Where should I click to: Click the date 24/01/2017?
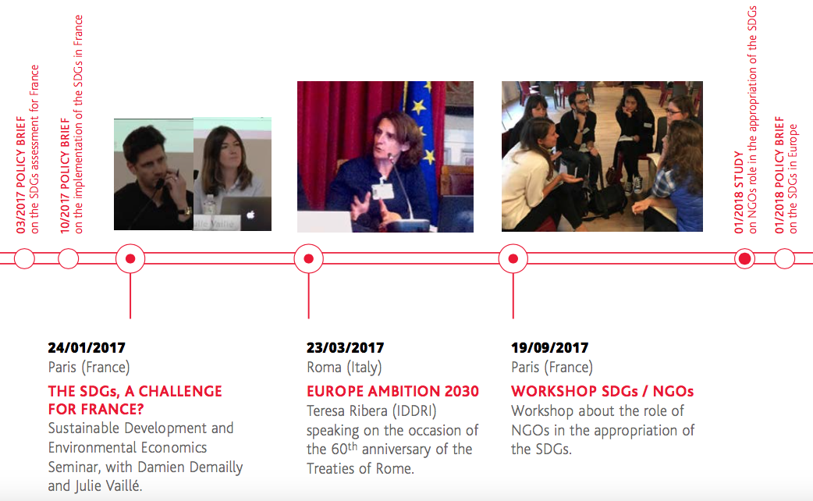point(87,347)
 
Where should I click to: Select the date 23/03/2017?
point(345,347)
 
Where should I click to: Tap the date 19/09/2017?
point(549,347)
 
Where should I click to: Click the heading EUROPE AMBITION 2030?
point(392,391)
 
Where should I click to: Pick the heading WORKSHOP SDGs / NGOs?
point(602,391)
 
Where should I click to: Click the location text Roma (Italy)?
point(344,368)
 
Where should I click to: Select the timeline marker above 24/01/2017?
point(130,258)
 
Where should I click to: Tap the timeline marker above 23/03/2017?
point(308,258)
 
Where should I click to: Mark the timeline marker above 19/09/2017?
point(513,258)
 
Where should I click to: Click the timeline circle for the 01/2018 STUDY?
point(744,258)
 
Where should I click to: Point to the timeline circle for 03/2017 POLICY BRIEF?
point(24,258)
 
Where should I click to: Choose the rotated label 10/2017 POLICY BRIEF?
point(65,176)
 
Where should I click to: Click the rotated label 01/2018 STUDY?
point(739,192)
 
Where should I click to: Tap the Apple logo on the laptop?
point(250,214)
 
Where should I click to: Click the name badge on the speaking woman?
point(382,190)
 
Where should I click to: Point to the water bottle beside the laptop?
point(209,205)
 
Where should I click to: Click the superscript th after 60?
point(353,446)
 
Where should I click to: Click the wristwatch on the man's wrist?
point(184,211)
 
